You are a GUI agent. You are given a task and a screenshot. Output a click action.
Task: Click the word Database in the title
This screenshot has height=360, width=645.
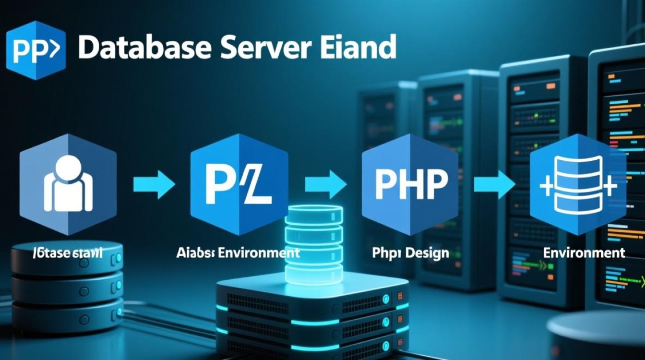click(144, 48)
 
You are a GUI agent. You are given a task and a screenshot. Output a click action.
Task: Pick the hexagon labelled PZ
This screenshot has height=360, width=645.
click(239, 185)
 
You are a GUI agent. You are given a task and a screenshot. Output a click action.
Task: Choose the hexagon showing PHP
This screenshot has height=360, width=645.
click(410, 185)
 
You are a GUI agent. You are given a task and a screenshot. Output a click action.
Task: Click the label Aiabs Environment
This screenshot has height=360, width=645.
click(238, 252)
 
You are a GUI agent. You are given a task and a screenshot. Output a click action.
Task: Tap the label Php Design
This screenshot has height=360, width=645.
click(410, 252)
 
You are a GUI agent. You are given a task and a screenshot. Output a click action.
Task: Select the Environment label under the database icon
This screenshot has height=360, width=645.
click(584, 252)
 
